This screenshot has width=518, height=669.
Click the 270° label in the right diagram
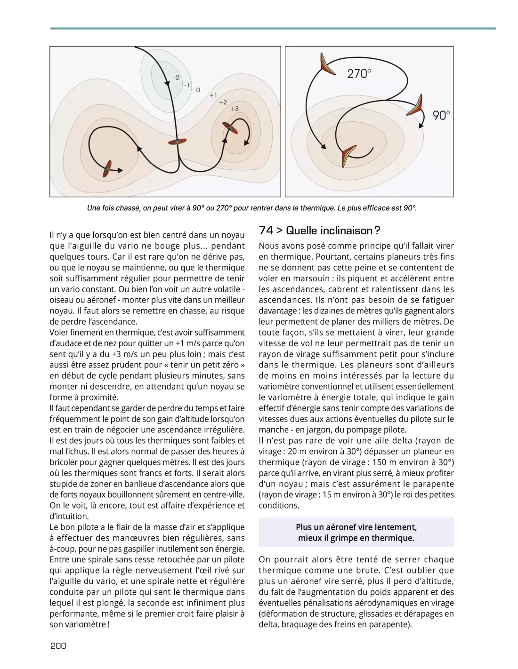[x=359, y=73]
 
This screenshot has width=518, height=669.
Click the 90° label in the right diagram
[x=441, y=115]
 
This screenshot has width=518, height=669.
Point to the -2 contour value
[x=176, y=77]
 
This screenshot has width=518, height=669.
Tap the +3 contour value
[x=235, y=109]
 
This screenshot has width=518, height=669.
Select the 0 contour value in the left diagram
[x=198, y=89]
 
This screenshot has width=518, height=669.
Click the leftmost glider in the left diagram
[x=108, y=168]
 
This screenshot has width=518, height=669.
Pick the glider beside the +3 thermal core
[x=229, y=128]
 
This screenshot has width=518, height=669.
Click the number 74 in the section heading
[x=266, y=231]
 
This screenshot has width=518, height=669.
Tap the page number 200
[x=58, y=646]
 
